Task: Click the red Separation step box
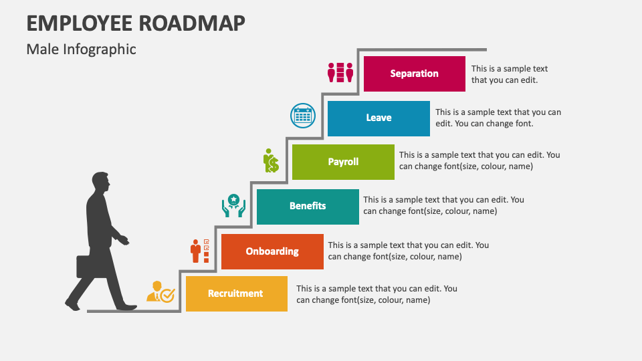click(x=415, y=74)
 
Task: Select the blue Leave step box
click(x=379, y=119)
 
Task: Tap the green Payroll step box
click(x=343, y=162)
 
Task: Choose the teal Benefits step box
click(x=308, y=207)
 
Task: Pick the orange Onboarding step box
click(x=272, y=252)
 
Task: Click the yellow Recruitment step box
click(x=237, y=294)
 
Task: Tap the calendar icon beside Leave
click(x=303, y=116)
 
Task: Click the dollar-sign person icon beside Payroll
click(x=271, y=160)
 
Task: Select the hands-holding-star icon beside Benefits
click(x=234, y=205)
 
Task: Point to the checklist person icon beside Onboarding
click(x=200, y=251)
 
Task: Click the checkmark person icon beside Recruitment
click(x=161, y=292)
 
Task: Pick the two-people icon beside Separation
click(x=340, y=73)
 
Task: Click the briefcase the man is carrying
click(x=88, y=267)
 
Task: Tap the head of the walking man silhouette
click(x=101, y=181)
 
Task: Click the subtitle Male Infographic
click(x=81, y=49)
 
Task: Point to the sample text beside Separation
click(x=510, y=74)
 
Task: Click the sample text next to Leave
click(x=498, y=118)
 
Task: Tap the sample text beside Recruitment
click(x=377, y=294)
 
